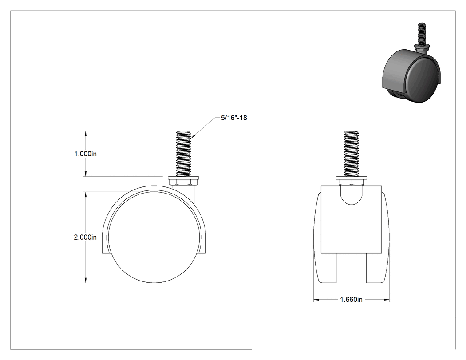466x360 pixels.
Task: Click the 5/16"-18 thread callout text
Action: (234, 118)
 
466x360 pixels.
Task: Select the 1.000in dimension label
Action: (85, 154)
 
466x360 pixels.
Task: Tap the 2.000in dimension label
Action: (85, 237)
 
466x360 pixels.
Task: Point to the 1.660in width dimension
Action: (351, 299)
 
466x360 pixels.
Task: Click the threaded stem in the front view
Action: (351, 153)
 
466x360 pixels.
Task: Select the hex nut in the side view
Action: (184, 182)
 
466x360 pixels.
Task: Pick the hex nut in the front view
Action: (351, 182)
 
